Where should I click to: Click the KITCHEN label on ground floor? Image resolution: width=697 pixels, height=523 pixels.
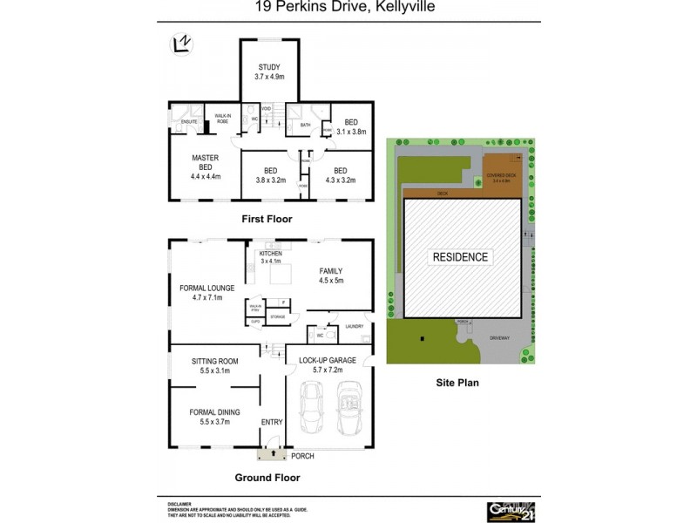(x=271, y=254)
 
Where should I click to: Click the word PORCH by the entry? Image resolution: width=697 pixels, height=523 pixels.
(x=302, y=456)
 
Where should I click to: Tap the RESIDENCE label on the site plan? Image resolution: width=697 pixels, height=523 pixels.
(x=461, y=257)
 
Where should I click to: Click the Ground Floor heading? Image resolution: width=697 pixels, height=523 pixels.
(x=267, y=478)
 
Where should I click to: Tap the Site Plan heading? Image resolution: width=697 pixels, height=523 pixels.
(x=457, y=382)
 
